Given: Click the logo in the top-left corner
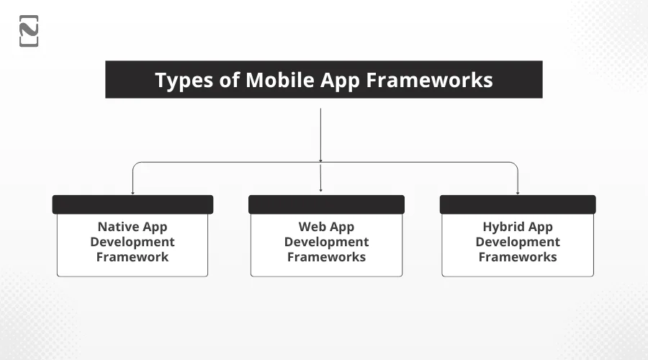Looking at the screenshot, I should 29,31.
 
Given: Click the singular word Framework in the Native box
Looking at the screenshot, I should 132,257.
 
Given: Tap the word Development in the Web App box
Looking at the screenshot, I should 326,242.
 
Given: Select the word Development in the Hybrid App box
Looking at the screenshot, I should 518,242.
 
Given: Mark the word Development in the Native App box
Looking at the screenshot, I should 132,242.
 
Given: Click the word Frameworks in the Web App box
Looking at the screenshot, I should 326,257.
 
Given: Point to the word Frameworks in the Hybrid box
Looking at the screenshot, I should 518,257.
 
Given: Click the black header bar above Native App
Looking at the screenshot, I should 132,204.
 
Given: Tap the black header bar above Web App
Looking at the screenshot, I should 326,204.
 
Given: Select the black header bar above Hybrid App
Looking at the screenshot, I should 518,204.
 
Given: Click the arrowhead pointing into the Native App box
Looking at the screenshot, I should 132,192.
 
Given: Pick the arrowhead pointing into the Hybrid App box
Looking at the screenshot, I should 518,192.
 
